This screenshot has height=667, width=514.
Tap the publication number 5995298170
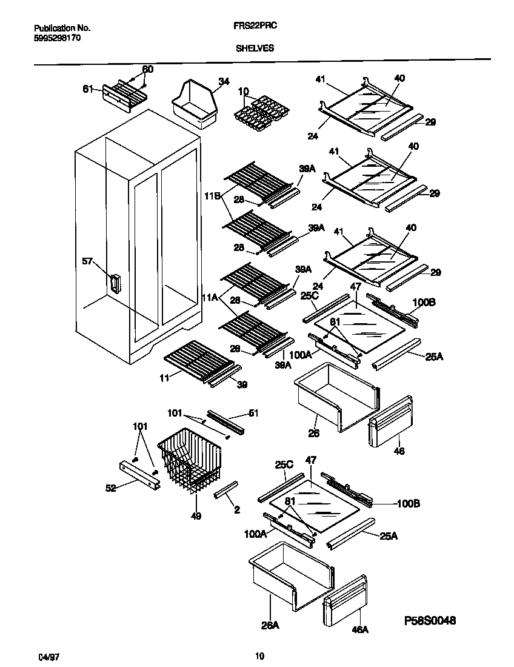coord(57,37)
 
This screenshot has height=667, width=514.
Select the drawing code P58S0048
coord(430,621)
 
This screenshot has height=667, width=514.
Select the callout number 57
coord(88,261)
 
